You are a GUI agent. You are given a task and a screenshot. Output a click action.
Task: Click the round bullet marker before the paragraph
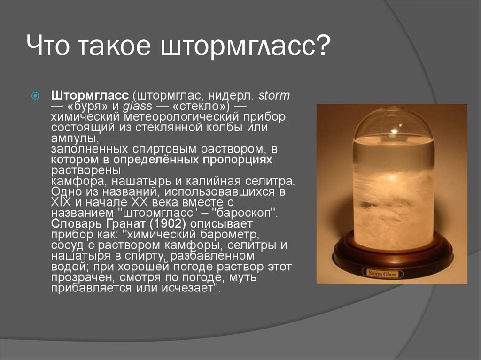click(x=35, y=96)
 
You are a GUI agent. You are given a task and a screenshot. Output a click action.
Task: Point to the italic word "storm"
click(x=274, y=96)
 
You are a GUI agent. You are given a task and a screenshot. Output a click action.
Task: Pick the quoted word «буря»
click(x=84, y=106)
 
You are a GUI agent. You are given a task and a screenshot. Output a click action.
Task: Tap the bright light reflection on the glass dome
click(x=399, y=128)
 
